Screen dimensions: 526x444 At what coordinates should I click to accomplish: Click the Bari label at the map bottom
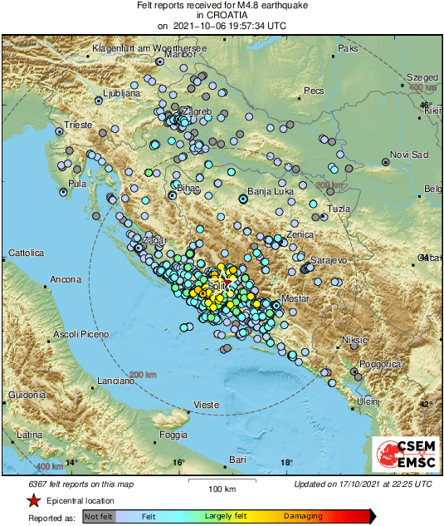[x=238, y=459]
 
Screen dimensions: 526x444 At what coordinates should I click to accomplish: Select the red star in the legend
[x=33, y=500]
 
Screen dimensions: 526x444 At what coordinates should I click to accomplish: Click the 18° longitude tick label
[x=286, y=462]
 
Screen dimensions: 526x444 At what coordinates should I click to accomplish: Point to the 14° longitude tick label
[x=71, y=462]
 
